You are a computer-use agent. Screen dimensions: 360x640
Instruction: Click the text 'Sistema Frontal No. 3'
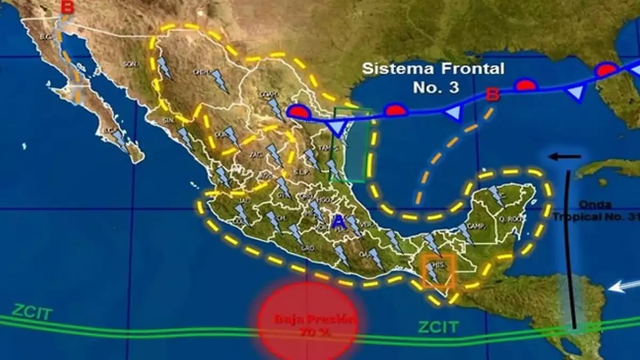433,77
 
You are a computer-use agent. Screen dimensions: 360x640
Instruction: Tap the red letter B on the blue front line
493,95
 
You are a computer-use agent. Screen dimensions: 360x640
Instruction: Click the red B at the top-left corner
68,7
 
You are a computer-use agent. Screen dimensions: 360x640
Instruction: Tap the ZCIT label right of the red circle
438,326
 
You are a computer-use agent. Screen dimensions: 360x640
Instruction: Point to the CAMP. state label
475,226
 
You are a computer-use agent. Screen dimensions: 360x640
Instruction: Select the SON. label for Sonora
130,65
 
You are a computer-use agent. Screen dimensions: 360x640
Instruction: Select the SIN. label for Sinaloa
169,120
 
